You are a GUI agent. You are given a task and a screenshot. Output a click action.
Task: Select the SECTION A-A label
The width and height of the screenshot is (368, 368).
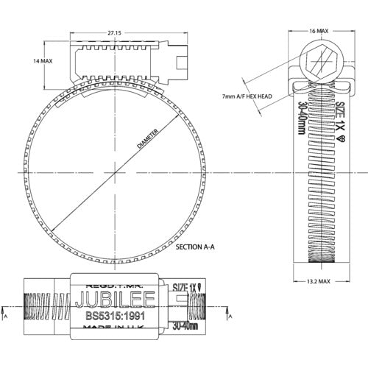coord(195,248)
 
